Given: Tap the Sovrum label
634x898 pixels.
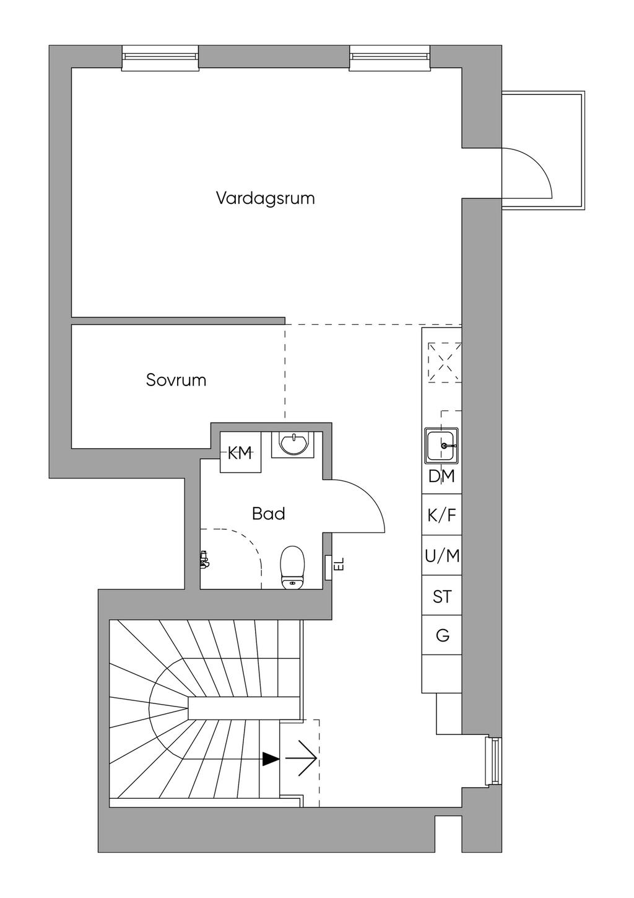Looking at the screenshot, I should point(176,379).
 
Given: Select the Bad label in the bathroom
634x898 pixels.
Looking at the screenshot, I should point(269,514).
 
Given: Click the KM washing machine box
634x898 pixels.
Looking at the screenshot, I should point(240,453).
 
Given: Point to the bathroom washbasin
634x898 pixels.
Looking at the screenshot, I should point(293,444).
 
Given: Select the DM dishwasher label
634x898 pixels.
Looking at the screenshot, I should point(441,477).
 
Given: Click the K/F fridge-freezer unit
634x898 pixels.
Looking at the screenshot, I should point(441,515).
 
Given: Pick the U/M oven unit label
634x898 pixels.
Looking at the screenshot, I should point(442,556).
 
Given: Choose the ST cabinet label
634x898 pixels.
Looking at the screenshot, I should point(442,597).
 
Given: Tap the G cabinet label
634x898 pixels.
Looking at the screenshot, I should point(442,635).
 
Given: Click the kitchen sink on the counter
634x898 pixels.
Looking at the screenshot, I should point(442,445).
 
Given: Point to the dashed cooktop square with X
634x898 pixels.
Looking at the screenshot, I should point(445,363).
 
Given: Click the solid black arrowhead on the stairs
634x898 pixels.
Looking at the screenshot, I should point(271,759).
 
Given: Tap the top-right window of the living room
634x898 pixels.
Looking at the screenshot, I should point(389,57).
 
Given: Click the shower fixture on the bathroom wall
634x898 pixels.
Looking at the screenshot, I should point(204,560).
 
